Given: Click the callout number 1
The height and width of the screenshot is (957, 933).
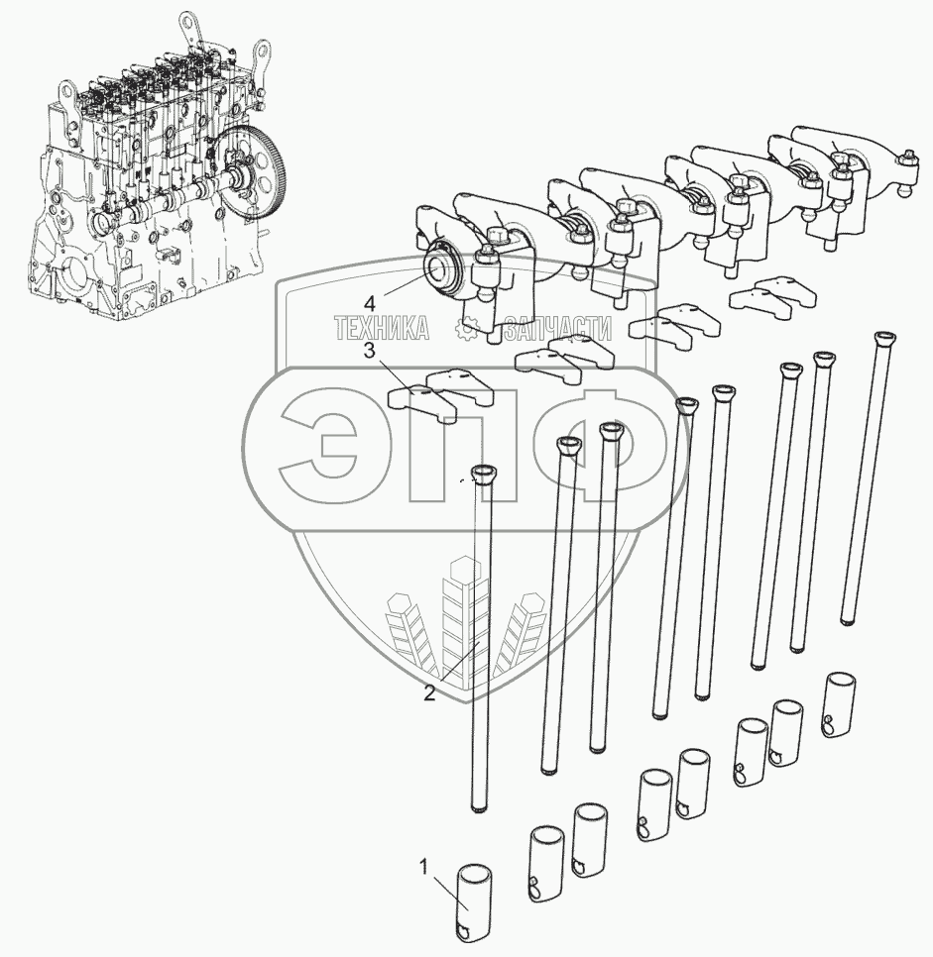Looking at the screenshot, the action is click(x=423, y=868).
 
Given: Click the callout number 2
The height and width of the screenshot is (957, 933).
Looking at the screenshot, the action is click(x=429, y=692).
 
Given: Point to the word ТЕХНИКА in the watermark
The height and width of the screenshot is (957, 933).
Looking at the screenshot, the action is click(x=382, y=329).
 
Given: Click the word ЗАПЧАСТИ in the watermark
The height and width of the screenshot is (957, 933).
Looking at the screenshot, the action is click(x=557, y=329).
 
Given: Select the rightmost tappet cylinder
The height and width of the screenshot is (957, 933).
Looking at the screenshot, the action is click(x=839, y=705).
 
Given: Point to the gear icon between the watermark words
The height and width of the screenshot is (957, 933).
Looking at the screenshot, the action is click(x=467, y=329).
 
